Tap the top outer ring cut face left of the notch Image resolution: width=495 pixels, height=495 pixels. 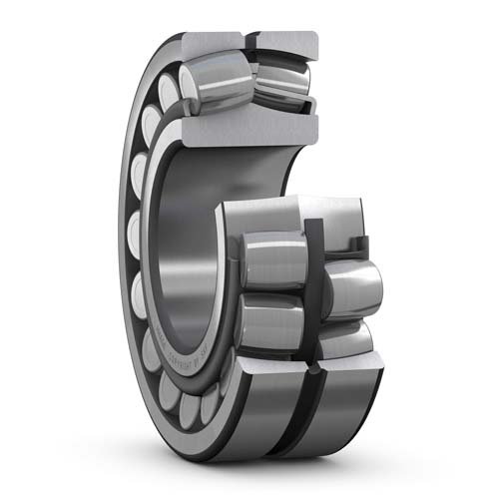pyautogui.click(x=212, y=42)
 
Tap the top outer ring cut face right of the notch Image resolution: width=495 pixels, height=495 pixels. pyautogui.click(x=286, y=40)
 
